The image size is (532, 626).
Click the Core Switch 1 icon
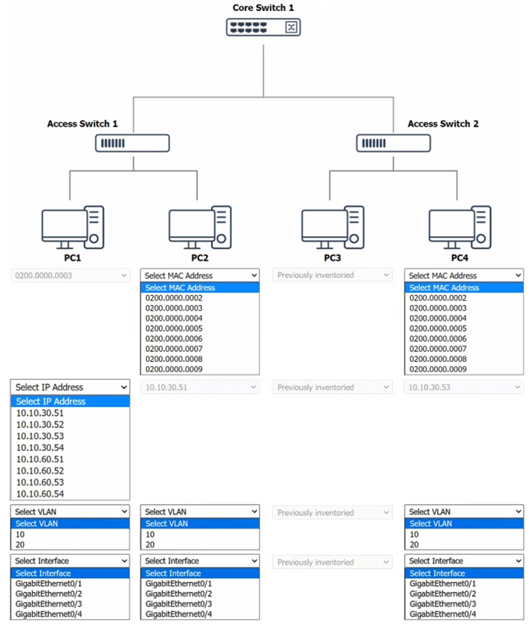tap(263, 28)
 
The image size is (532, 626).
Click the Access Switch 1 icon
tap(132, 143)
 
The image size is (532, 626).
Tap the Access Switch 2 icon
tap(393, 143)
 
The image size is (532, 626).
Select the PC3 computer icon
tap(332, 228)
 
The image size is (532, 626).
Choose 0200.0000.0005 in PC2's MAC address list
tap(174, 328)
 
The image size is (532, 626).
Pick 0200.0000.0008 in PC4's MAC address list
tap(438, 359)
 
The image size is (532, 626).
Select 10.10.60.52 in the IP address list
tap(40, 471)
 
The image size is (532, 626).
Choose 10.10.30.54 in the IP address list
tap(40, 447)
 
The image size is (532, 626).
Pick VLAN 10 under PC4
tap(414, 534)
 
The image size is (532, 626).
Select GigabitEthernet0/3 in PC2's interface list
tap(179, 604)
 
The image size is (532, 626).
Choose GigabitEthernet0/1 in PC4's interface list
tap(443, 583)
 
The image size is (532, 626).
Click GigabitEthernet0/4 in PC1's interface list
tap(49, 614)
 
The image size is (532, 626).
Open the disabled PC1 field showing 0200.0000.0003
tap(70, 276)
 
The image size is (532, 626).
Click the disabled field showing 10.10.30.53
tap(464, 387)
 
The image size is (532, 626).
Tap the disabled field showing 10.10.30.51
tap(200, 387)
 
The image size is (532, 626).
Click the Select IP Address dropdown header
tap(70, 387)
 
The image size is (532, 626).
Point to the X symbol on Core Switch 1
tap(291, 28)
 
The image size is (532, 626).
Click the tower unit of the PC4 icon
tap(481, 227)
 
